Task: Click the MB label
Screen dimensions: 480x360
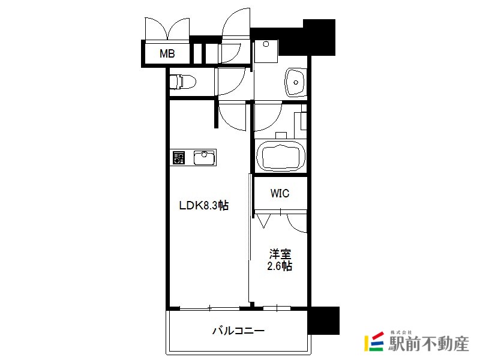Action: [x=167, y=53]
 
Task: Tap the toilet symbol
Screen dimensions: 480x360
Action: [x=182, y=82]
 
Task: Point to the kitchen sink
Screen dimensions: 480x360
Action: [x=205, y=158]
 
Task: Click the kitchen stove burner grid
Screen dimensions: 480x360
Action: [x=179, y=158]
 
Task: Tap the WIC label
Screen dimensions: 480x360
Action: [x=280, y=193]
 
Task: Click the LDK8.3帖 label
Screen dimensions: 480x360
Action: [x=204, y=205]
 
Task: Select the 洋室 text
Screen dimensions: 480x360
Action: [x=280, y=254]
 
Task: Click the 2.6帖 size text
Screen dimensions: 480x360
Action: [x=280, y=266]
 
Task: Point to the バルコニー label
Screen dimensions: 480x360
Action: [x=238, y=331]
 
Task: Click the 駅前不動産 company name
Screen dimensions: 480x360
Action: [x=428, y=343]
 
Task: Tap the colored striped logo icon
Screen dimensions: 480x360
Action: [x=374, y=341]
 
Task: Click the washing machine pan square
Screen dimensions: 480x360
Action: [x=266, y=51]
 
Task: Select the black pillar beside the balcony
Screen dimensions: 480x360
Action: [x=324, y=320]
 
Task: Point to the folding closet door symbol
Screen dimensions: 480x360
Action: [x=263, y=221]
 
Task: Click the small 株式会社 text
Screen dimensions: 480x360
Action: [x=401, y=332]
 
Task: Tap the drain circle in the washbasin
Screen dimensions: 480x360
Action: [x=296, y=82]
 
